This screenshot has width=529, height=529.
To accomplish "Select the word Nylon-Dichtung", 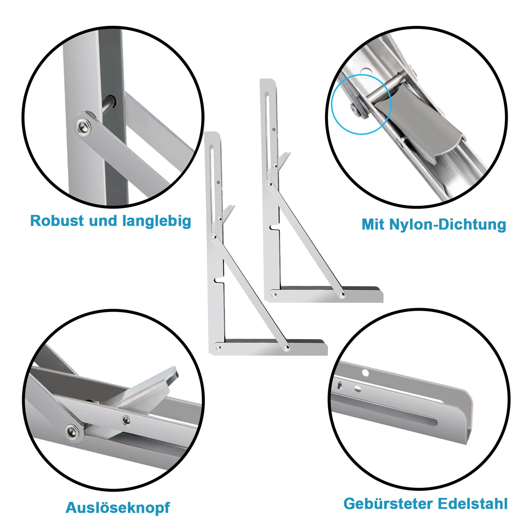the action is click(x=448, y=224).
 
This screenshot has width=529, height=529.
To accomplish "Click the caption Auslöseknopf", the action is click(x=118, y=508).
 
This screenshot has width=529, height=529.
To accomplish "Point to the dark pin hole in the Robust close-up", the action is click(x=110, y=102).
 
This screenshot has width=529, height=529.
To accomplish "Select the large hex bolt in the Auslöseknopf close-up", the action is click(x=72, y=432).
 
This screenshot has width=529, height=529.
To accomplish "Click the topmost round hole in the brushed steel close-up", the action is click(x=365, y=373).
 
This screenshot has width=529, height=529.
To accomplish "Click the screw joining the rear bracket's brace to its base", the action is click(x=343, y=295).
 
